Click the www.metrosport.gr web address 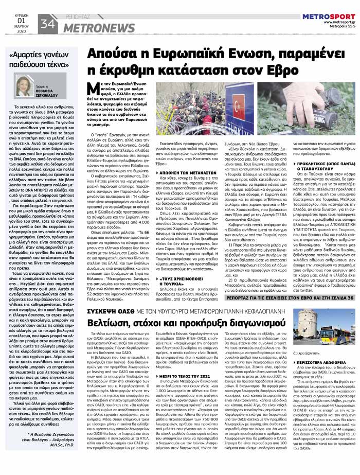pyautogui.click(x=339, y=23)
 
